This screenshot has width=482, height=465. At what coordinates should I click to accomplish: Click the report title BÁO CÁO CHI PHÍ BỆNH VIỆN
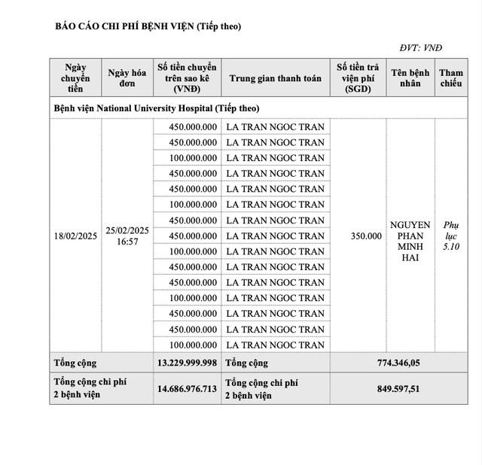coord(148,26)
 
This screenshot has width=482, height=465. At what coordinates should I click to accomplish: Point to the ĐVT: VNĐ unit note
coord(442,47)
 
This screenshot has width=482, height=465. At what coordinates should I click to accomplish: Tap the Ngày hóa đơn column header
coord(127,78)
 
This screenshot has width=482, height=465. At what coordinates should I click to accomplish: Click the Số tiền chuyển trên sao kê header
coord(187,78)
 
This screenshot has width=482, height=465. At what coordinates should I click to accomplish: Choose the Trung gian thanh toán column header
coord(275,78)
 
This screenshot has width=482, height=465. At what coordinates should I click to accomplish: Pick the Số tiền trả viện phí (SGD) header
coord(358,78)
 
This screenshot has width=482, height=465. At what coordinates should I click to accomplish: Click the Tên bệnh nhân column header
coord(410,78)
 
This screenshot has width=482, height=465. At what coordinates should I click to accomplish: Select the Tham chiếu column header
coord(451,78)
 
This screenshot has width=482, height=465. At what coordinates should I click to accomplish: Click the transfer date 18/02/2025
coord(75,236)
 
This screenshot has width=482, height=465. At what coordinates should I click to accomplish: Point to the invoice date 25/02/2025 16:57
coord(127,236)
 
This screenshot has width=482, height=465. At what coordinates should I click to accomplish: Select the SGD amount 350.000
coord(366,236)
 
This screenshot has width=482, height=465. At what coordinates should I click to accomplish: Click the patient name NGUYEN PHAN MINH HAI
coord(410,241)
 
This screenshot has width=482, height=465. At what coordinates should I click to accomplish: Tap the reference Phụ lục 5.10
coord(451,236)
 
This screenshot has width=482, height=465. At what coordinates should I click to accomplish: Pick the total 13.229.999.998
coord(187,363)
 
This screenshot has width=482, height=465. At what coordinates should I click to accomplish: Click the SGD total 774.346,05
coord(398,363)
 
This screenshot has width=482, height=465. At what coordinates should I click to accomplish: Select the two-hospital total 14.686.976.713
coord(187,388)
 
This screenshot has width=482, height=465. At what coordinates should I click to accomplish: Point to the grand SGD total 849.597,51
coord(398,388)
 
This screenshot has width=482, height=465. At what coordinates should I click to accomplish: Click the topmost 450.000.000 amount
coord(194,126)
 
